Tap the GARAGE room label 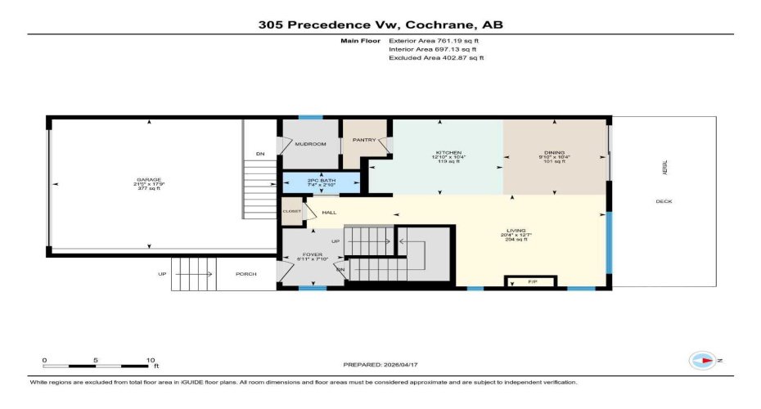pos(149,179)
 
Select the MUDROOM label pos(310,144)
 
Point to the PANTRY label pos(363,140)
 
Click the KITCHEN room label pos(448,153)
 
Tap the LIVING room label pos(516,231)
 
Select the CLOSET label pos(291,211)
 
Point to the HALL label pos(329,213)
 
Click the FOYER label pos(313,255)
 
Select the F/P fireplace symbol pos(513,282)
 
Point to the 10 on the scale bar pos(151,360)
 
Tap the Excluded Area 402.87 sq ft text pos(436,58)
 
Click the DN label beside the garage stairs pos(260,154)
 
